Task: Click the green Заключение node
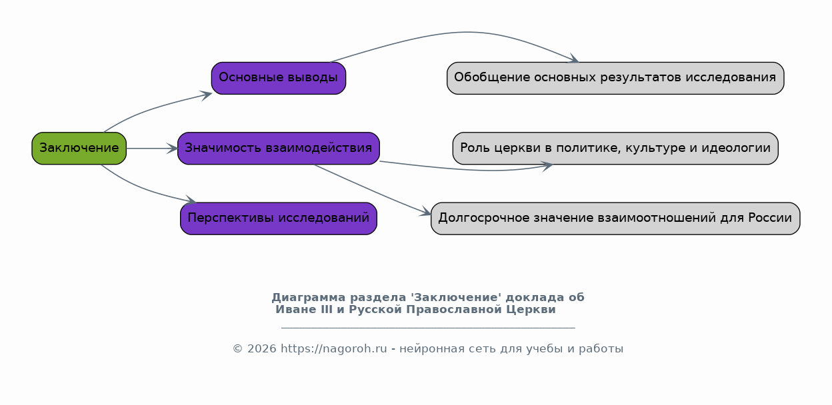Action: [79, 148]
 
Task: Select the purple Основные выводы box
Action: [279, 78]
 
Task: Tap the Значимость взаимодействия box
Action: [279, 148]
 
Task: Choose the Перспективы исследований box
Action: [279, 218]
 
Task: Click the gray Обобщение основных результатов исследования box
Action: [615, 78]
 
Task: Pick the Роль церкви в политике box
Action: [615, 148]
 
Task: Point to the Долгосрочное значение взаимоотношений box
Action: [615, 218]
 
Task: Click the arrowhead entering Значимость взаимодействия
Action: [172, 149]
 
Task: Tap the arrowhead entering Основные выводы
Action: [206, 95]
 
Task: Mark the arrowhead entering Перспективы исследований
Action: [190, 200]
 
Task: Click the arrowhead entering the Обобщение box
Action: [573, 58]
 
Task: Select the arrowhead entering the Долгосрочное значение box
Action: [425, 211]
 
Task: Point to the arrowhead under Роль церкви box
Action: [547, 166]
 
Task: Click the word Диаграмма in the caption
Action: [309, 298]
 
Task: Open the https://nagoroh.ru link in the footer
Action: [333, 349]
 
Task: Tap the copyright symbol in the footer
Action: [238, 349]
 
